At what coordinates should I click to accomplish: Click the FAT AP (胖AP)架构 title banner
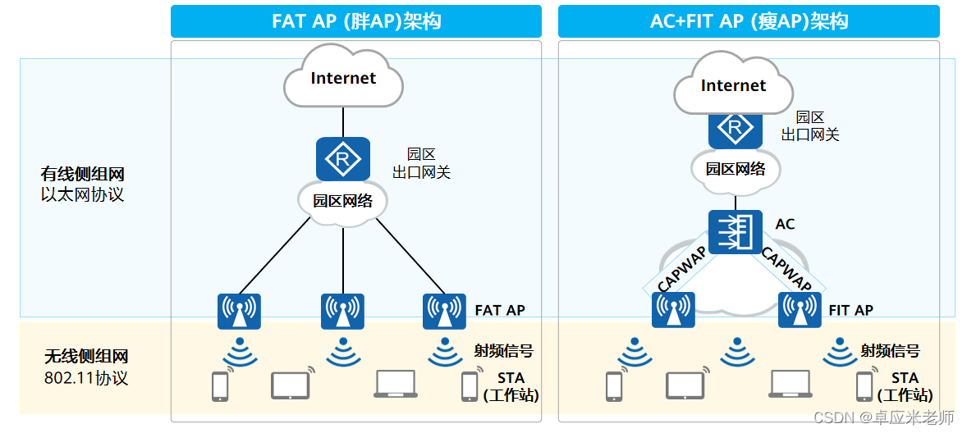pyautogui.click(x=356, y=21)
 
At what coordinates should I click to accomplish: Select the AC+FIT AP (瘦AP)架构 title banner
pyautogui.click(x=749, y=21)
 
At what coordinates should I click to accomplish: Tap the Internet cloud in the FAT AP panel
pyautogui.click(x=343, y=80)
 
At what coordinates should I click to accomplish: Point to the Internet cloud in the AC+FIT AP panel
pyautogui.click(x=733, y=86)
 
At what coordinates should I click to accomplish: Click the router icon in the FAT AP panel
pyautogui.click(x=343, y=159)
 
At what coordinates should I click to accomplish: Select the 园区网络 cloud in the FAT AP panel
pyautogui.click(x=343, y=201)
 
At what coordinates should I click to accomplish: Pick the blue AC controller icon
pyautogui.click(x=735, y=231)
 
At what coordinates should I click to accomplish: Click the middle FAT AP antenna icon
pyautogui.click(x=342, y=312)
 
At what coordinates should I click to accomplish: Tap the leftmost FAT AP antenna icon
pyautogui.click(x=239, y=312)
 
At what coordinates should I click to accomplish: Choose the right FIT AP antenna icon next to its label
pyautogui.click(x=800, y=310)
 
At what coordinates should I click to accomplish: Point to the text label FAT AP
pyautogui.click(x=500, y=311)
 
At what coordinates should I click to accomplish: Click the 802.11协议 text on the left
pyautogui.click(x=86, y=379)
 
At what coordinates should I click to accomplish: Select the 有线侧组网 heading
pyautogui.click(x=82, y=175)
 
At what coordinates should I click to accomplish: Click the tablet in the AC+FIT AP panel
pyautogui.click(x=686, y=385)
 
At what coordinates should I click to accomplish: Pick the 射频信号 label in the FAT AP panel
pyautogui.click(x=503, y=351)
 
